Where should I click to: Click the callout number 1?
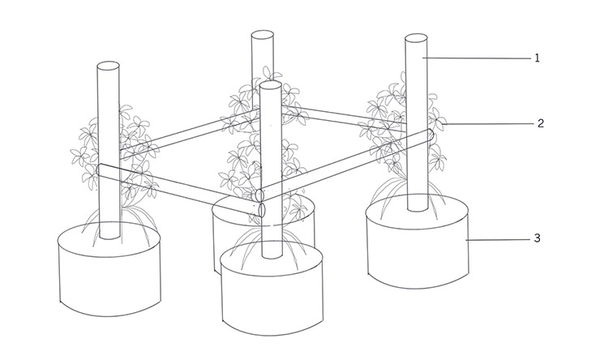pyautogui.click(x=537, y=58)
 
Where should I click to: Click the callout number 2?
pyautogui.click(x=540, y=123)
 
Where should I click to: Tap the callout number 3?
pyautogui.click(x=538, y=238)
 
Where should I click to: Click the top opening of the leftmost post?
pyautogui.click(x=109, y=66)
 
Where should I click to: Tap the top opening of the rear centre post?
pyautogui.click(x=262, y=35)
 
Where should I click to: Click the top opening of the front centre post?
pyautogui.click(x=271, y=85)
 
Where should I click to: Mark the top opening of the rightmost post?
pyautogui.click(x=416, y=38)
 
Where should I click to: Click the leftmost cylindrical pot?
pyautogui.click(x=109, y=270)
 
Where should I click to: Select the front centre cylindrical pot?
pyautogui.click(x=272, y=289)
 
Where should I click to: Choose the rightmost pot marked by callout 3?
pyautogui.click(x=417, y=241)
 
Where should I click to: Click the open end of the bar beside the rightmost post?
pyautogui.click(x=430, y=135)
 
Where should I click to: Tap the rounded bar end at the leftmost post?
pyautogui.click(x=101, y=170)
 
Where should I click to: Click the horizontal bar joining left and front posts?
pyautogui.click(x=180, y=191)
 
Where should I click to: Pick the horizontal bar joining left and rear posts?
pyautogui.click(x=190, y=134)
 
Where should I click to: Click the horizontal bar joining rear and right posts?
pyautogui.click(x=345, y=118)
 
